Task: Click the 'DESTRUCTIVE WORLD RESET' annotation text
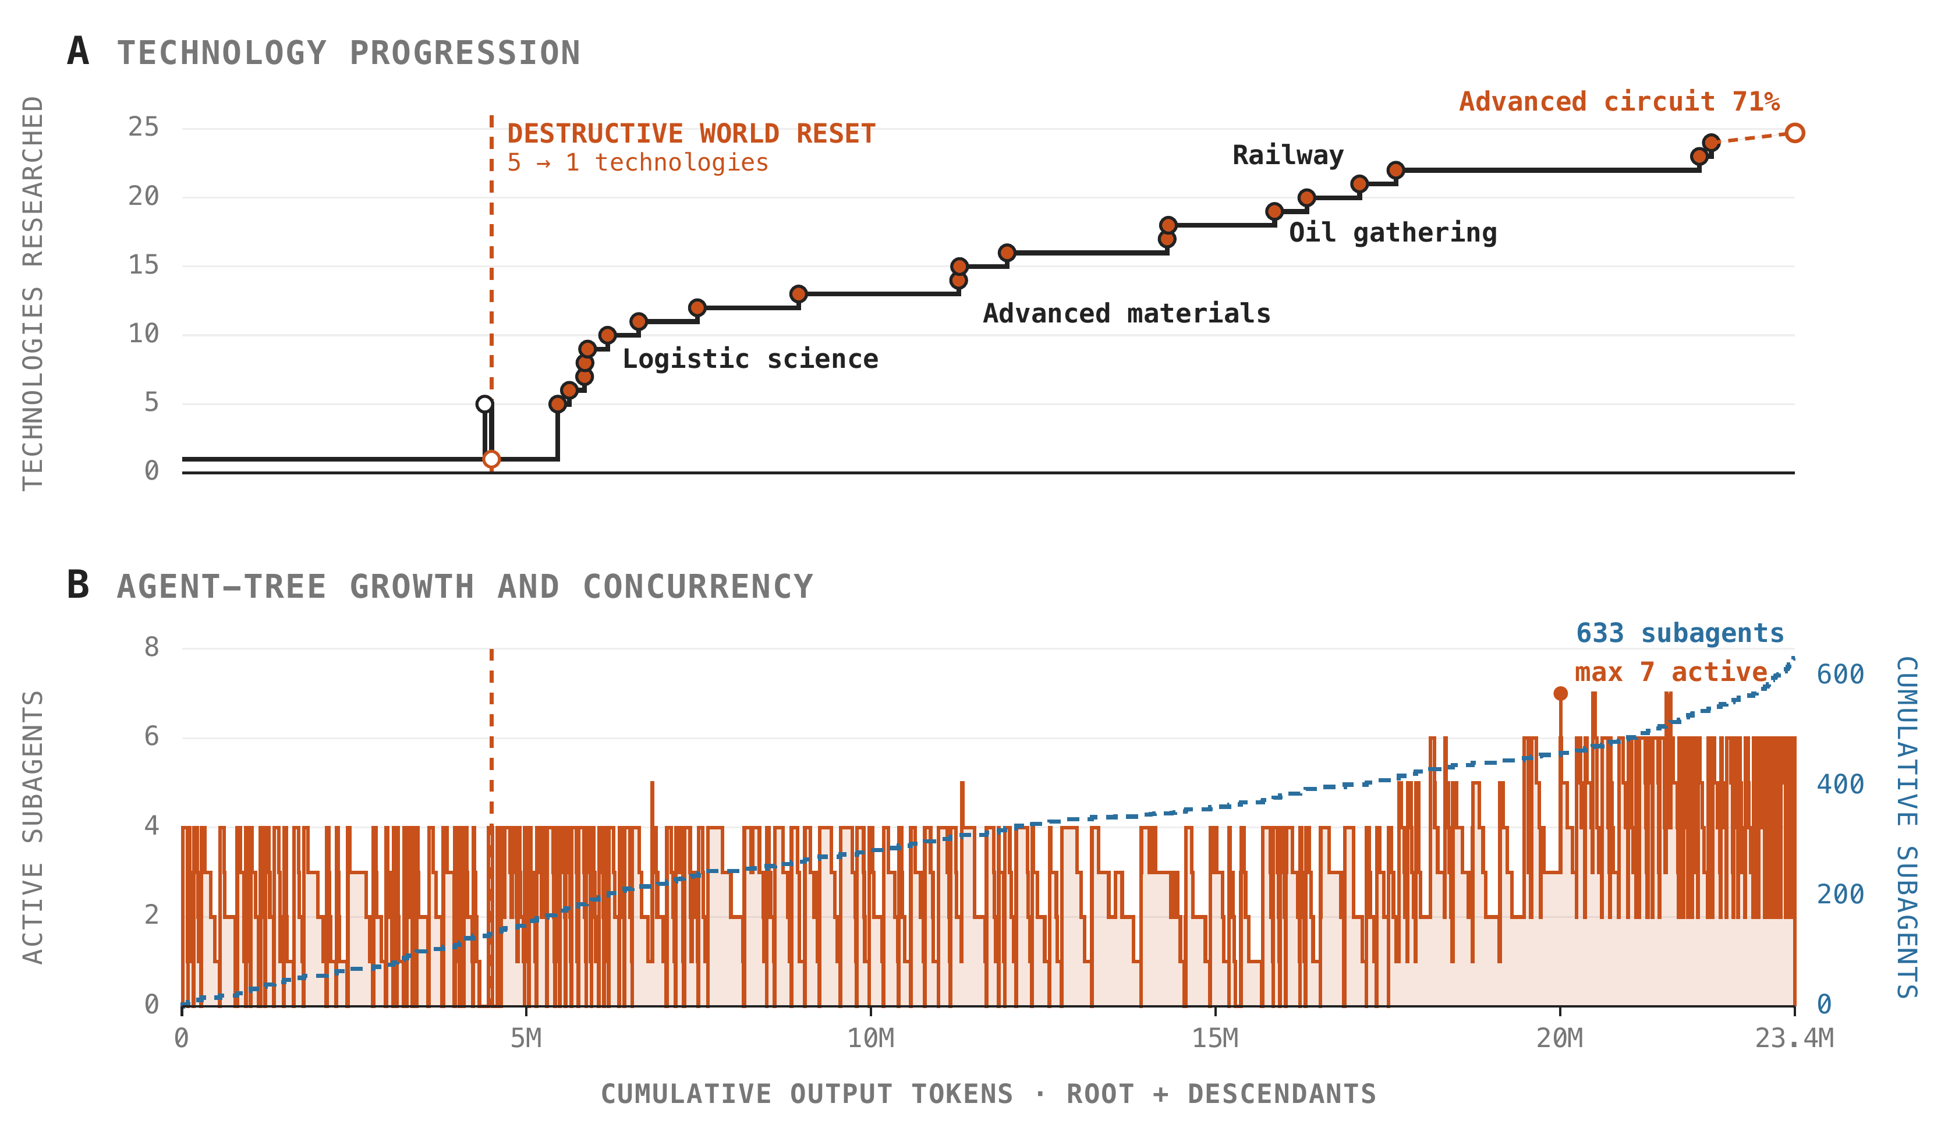pos(691,134)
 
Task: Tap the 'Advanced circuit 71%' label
pos(1619,102)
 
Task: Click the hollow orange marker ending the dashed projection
pos(1795,133)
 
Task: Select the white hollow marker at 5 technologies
pos(484,405)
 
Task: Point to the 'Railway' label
pos(1288,155)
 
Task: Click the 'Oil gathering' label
pos(1393,233)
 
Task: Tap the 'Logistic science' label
pos(750,359)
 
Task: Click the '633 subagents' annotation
pos(1680,633)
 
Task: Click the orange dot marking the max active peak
pos(1560,694)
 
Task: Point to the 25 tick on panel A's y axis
pos(144,127)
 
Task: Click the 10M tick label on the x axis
pos(871,1039)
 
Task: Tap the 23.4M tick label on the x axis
pos(1795,1039)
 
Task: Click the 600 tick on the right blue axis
pos(1840,675)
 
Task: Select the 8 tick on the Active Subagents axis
pos(152,647)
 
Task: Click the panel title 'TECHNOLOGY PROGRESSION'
pos(349,53)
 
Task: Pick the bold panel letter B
pos(78,584)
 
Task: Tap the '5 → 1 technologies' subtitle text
pos(637,162)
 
